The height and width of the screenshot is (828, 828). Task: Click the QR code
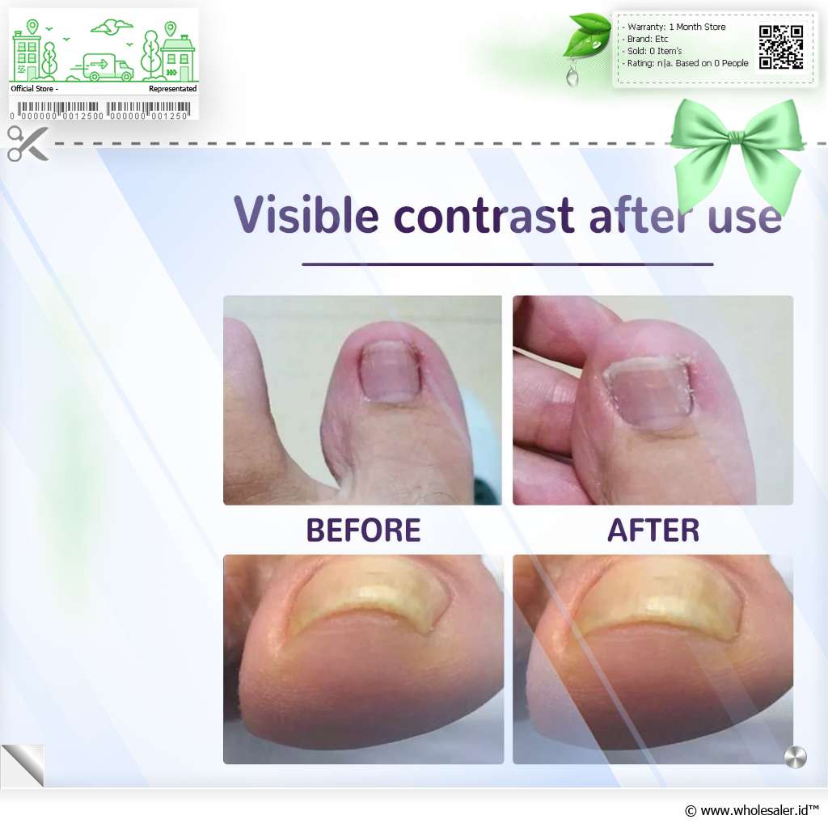point(781,47)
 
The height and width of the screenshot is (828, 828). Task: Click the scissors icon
point(27,143)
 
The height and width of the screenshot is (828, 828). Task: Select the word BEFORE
point(363,530)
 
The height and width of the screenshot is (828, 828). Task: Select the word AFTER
point(653,530)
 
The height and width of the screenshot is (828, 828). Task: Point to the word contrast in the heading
point(484,215)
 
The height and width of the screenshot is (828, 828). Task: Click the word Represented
point(173,89)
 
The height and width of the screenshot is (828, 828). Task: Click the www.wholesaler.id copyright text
point(752,810)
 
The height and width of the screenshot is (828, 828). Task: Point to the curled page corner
point(23,765)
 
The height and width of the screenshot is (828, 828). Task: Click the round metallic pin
point(796,757)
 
